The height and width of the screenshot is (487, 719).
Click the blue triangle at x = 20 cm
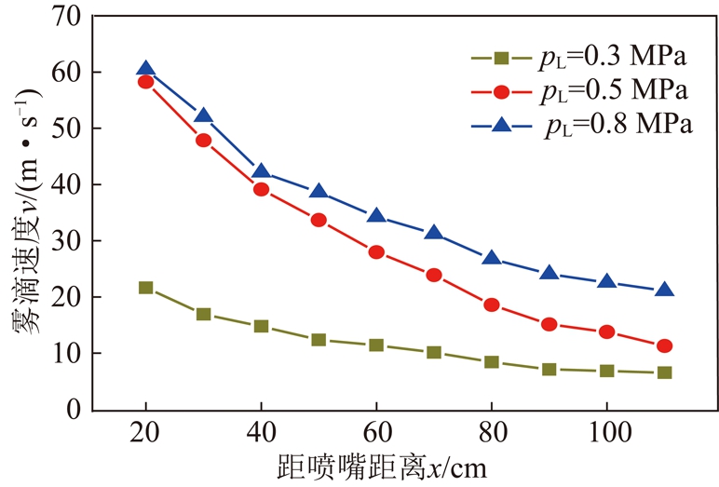pos(145,68)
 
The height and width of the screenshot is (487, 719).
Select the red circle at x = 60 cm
pos(376,252)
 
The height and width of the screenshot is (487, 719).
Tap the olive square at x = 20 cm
pos(145,288)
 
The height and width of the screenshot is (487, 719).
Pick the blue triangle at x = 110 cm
pos(664,291)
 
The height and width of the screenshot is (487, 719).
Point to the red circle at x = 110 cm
pos(664,346)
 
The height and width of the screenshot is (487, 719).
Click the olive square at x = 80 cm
pos(492,362)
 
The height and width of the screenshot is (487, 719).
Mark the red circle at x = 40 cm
pos(261,189)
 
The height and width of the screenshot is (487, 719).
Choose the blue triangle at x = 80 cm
pos(492,259)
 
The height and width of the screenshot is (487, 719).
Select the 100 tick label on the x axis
pos(607,435)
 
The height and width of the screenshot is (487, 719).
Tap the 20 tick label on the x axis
pos(145,435)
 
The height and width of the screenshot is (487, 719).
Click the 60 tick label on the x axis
pos(376,435)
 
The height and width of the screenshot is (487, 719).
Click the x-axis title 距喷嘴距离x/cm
pos(381,465)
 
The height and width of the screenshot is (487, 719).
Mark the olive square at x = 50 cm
pos(319,340)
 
